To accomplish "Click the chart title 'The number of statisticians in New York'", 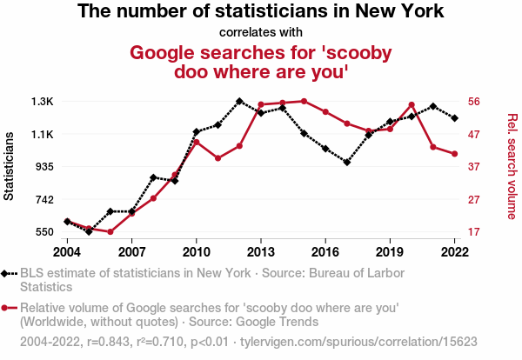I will [261, 12].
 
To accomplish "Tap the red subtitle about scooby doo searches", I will [261, 61].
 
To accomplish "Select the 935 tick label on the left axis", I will [43, 167].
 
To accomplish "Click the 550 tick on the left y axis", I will [43, 232].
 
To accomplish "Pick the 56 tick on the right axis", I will [474, 102].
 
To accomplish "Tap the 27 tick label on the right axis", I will [474, 200].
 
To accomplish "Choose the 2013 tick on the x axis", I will [261, 252].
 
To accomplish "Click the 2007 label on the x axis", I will [131, 252].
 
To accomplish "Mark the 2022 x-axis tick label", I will [454, 252].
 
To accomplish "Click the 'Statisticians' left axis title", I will [10, 167].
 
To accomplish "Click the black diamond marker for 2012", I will [239, 102].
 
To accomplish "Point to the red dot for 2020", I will [412, 105].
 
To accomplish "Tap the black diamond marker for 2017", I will [347, 163].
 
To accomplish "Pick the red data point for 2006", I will [110, 232].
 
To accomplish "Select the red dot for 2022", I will [454, 154].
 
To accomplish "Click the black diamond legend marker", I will [9, 273].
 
